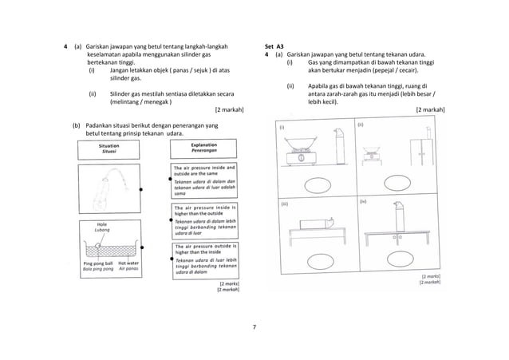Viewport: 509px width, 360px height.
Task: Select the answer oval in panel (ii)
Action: (391, 184)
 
